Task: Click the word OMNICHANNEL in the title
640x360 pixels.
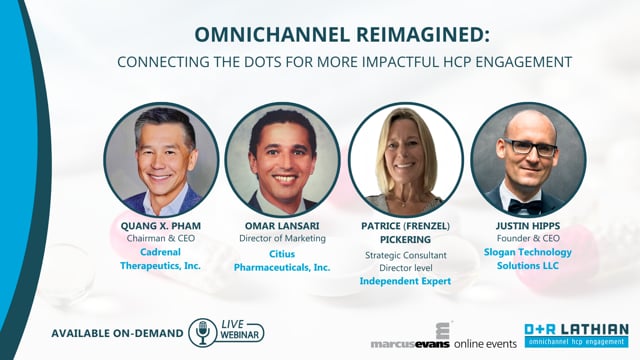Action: click(271, 34)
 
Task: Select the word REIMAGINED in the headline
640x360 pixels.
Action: click(420, 34)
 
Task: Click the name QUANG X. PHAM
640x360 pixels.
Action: click(161, 226)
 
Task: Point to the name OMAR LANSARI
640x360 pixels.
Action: click(282, 226)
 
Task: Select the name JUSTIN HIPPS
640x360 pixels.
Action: click(528, 226)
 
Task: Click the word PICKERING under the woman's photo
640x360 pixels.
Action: click(405, 240)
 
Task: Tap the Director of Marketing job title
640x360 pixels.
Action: click(282, 238)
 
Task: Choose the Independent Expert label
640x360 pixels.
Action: click(405, 281)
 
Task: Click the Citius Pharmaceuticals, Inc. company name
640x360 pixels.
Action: click(282, 261)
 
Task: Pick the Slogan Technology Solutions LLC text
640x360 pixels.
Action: click(528, 259)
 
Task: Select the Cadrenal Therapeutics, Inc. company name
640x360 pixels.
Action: click(160, 259)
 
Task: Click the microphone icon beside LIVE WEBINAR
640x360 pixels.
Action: click(202, 333)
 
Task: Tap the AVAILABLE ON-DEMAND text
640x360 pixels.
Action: click(118, 333)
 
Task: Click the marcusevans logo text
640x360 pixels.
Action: click(410, 344)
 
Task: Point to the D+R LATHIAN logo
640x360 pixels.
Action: click(576, 335)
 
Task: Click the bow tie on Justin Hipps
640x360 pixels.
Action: click(525, 207)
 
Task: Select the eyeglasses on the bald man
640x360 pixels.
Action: click(530, 147)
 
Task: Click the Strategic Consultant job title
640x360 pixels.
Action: click(406, 256)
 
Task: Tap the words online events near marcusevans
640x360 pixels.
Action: click(485, 344)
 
